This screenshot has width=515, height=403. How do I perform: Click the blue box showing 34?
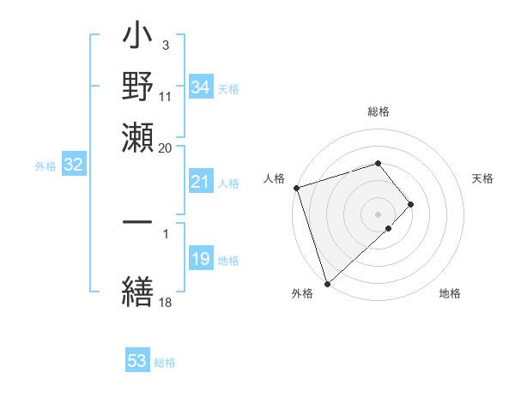click(200, 87)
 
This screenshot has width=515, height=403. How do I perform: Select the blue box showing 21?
click(200, 182)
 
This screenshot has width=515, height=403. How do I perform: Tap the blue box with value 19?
click(200, 260)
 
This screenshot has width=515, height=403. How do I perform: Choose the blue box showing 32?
click(73, 165)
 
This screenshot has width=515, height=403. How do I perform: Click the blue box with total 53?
click(137, 361)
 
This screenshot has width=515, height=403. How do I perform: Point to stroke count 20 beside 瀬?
click(166, 147)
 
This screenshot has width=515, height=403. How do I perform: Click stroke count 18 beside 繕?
click(166, 301)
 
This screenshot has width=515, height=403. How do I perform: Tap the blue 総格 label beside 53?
click(165, 363)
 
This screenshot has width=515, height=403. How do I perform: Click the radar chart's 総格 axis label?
click(379, 111)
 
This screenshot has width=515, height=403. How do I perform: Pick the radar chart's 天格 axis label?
click(483, 178)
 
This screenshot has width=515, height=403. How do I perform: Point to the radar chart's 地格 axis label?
click(450, 294)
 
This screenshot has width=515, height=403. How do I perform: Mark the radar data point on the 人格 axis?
click(296, 188)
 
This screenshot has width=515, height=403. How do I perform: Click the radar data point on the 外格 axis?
click(327, 283)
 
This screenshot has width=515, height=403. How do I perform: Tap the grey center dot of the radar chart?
click(379, 214)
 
